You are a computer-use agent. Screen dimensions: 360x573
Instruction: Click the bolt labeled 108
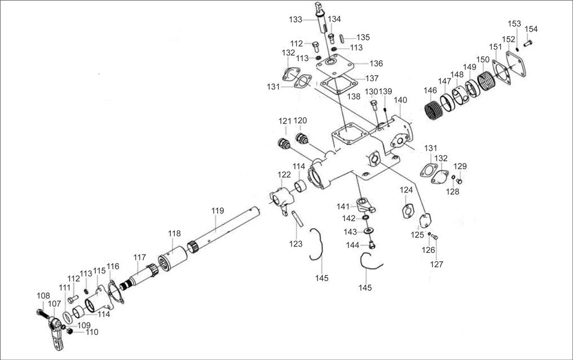tap(42, 312)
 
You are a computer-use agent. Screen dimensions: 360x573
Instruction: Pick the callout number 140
tap(400, 100)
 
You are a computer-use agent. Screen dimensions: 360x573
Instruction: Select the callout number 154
tap(531, 29)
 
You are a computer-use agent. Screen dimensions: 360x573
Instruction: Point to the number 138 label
tap(354, 96)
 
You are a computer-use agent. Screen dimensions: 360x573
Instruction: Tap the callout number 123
tap(296, 244)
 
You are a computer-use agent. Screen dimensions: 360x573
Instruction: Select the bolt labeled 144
tap(372, 244)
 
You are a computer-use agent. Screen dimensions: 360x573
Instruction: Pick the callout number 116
tap(113, 266)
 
